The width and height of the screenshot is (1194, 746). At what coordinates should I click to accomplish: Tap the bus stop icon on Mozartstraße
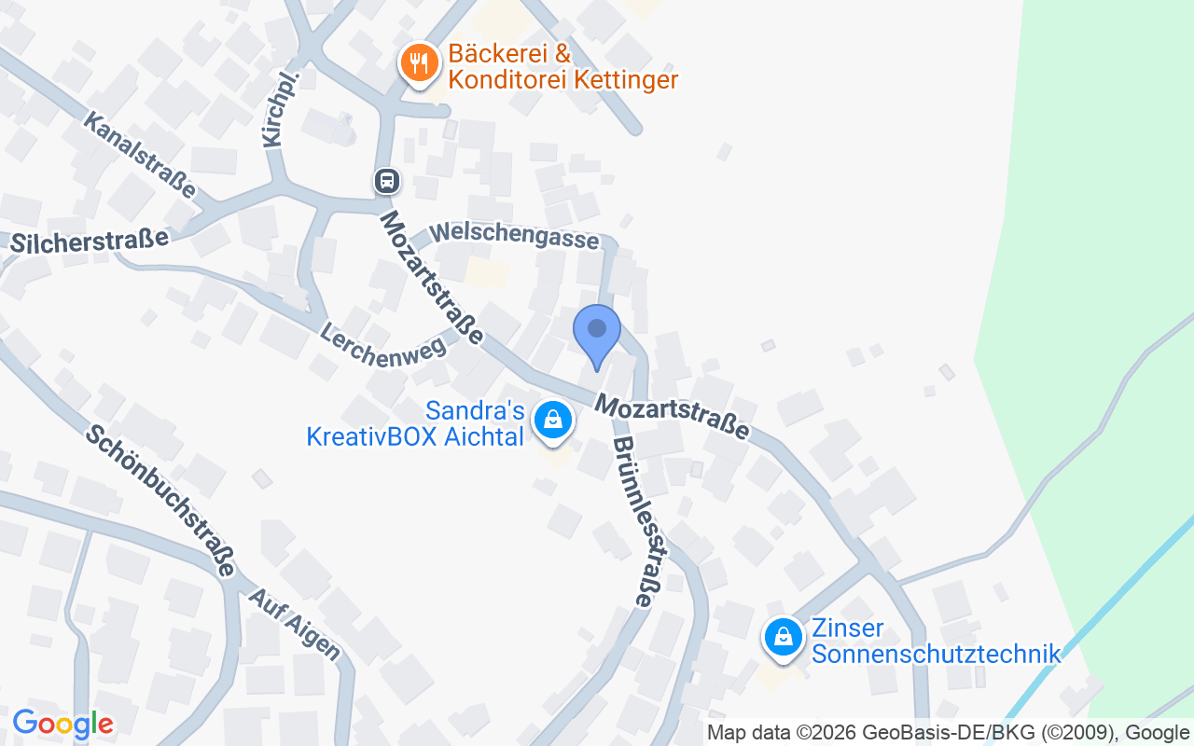pos(387,181)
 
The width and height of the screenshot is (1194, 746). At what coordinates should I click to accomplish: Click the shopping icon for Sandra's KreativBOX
pos(553,420)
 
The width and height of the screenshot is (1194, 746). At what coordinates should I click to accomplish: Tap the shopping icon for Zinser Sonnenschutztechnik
pos(784,638)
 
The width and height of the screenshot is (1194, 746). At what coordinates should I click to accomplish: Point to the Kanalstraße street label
pos(141,155)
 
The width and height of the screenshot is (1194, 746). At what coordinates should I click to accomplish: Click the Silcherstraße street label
pos(90,241)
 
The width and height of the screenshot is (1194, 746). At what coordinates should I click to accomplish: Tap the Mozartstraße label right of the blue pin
pos(673,416)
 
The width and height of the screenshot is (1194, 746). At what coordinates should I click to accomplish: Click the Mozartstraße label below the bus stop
pos(433,277)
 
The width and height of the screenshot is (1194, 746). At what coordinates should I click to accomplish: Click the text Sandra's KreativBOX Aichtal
pos(416,423)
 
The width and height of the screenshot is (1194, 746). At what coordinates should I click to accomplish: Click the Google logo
pos(62,724)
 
